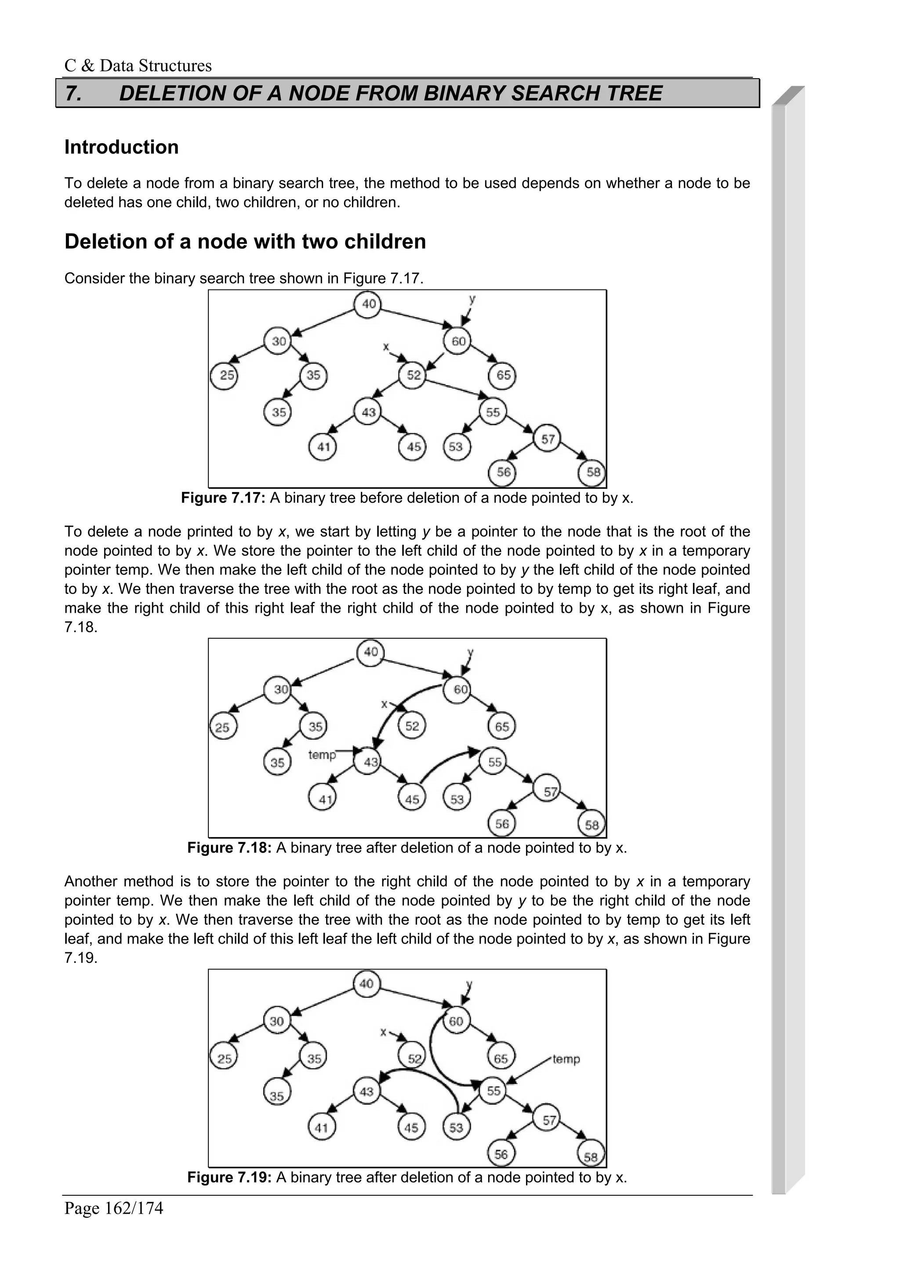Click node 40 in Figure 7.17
tap(368, 304)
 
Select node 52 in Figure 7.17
tap(413, 376)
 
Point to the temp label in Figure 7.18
tap(322, 755)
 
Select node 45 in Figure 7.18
tap(411, 799)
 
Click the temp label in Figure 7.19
tap(566, 1059)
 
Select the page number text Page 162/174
tap(114, 1208)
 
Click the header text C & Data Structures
tap(138, 66)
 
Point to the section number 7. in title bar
tap(74, 93)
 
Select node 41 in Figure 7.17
tap(323, 446)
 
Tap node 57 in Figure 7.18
tap(548, 791)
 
